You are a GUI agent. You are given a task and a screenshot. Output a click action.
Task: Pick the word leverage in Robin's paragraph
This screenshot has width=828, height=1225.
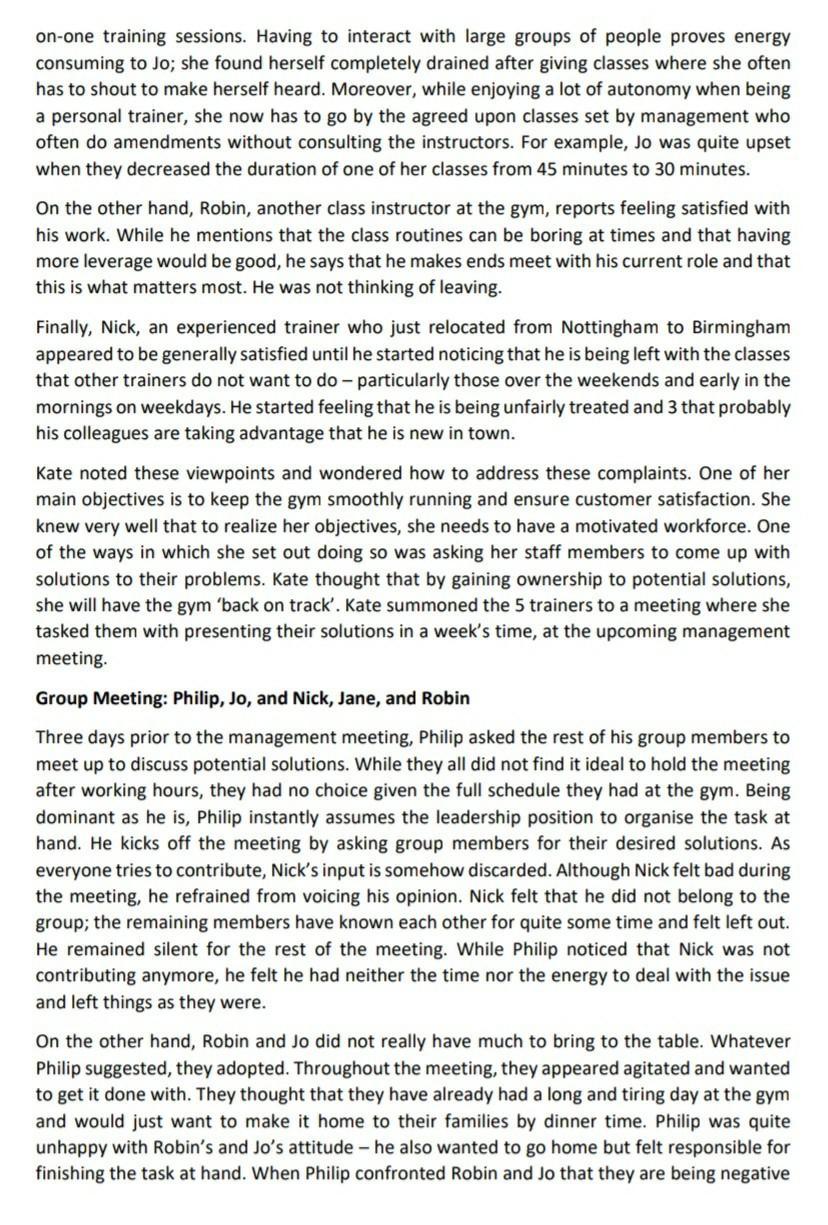tap(117, 261)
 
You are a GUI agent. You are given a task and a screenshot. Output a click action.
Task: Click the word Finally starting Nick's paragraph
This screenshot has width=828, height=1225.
tap(66, 326)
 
